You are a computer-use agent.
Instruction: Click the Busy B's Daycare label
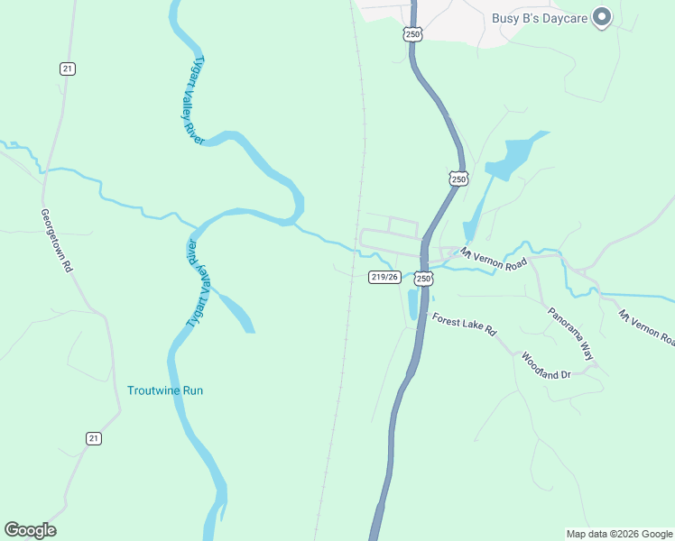tap(540, 18)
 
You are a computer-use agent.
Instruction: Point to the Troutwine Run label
tap(165, 390)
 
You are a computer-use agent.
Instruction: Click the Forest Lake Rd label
tap(464, 325)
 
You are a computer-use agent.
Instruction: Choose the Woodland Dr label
tap(546, 364)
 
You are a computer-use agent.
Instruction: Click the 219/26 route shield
tap(384, 277)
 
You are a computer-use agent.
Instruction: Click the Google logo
tap(30, 529)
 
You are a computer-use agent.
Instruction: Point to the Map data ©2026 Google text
tap(619, 534)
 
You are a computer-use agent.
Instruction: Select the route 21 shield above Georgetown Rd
tap(67, 69)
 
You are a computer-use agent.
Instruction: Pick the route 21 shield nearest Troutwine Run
tap(94, 438)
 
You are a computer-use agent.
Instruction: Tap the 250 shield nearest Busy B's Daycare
tap(412, 34)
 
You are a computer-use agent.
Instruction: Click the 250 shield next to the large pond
tap(458, 179)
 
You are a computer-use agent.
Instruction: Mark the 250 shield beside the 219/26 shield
tap(423, 280)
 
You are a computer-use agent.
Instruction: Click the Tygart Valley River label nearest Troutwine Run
tap(198, 284)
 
